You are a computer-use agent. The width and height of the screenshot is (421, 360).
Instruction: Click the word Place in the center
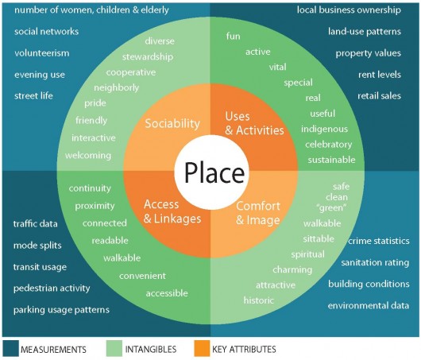click(x=214, y=172)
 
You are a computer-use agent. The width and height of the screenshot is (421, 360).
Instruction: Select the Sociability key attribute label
click(x=172, y=124)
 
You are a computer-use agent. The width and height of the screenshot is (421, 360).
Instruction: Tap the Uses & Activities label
click(x=254, y=123)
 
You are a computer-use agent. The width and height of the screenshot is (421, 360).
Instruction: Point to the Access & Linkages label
click(x=172, y=211)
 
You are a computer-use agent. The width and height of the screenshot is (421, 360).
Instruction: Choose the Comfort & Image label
click(x=258, y=213)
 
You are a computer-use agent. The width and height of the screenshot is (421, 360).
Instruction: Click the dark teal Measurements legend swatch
click(x=11, y=348)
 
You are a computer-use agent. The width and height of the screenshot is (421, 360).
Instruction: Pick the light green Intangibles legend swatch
click(x=114, y=348)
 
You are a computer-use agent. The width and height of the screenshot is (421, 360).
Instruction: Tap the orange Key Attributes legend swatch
click(x=202, y=348)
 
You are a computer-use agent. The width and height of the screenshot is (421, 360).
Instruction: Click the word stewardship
click(x=148, y=57)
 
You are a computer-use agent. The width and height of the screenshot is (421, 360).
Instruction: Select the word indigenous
click(x=324, y=130)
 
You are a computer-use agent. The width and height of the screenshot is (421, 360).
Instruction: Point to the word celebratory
click(x=328, y=145)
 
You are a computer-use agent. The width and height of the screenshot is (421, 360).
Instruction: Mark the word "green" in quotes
click(x=332, y=207)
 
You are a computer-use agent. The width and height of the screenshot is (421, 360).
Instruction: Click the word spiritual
click(x=307, y=254)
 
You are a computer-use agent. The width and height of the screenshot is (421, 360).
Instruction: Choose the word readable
click(x=110, y=241)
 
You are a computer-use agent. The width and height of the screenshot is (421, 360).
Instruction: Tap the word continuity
click(x=90, y=188)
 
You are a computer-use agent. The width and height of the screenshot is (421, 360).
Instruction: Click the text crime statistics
click(x=379, y=241)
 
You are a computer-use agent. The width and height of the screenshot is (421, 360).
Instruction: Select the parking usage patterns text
click(x=61, y=310)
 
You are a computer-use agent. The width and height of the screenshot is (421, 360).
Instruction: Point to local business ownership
click(x=349, y=10)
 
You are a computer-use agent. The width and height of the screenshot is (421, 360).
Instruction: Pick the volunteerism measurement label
click(x=42, y=53)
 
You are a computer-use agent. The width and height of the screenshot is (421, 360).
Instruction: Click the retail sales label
click(x=379, y=96)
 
